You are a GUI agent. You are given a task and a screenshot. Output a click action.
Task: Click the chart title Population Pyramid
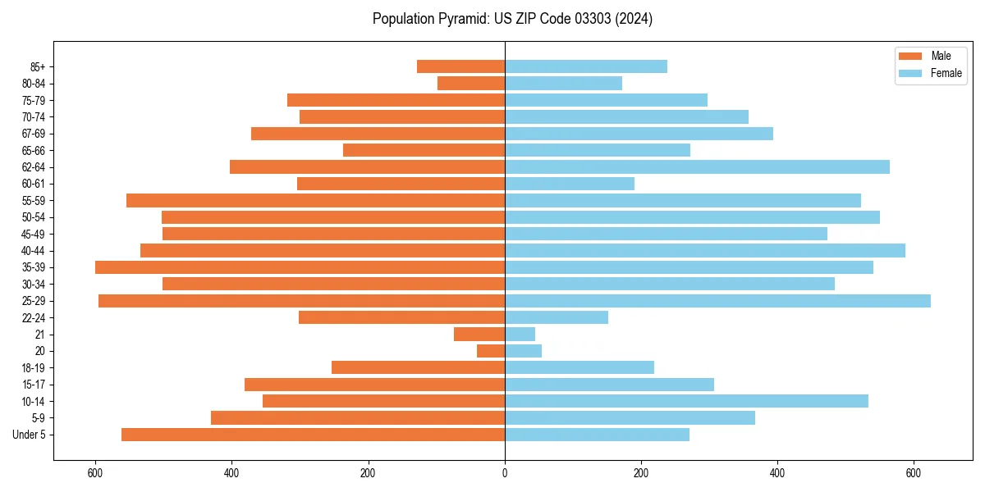point(512,19)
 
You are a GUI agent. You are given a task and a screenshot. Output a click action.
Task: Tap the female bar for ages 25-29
point(717,301)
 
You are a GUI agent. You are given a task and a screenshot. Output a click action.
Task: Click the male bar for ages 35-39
point(300,267)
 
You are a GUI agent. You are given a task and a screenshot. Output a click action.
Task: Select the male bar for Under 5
point(313,435)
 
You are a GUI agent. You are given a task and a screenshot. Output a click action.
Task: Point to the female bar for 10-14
point(686,401)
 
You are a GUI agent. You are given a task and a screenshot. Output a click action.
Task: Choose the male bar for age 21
point(479,335)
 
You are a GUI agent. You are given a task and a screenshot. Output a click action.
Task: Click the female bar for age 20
point(523,351)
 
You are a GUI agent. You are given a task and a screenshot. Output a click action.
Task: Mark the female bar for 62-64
point(697,167)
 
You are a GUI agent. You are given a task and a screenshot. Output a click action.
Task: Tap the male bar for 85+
point(460,66)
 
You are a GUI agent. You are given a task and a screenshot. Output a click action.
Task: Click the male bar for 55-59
point(315,201)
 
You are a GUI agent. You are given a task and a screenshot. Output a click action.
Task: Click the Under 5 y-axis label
point(30,435)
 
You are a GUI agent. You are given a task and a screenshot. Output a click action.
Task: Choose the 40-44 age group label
point(34,251)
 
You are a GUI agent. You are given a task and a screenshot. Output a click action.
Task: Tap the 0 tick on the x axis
point(505,473)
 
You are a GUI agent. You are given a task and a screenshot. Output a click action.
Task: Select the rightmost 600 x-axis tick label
point(914,473)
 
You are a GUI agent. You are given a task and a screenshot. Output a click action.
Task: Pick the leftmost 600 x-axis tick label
point(96,473)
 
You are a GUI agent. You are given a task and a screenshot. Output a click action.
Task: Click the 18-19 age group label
point(34,368)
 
